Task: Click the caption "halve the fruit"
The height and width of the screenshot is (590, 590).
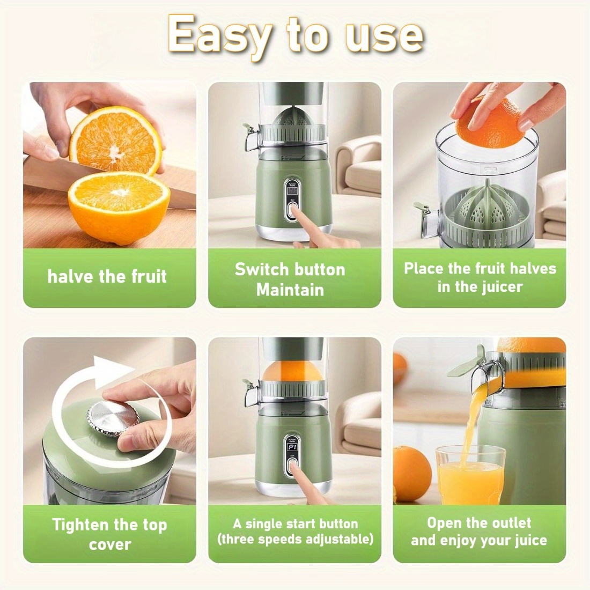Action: pyautogui.click(x=107, y=277)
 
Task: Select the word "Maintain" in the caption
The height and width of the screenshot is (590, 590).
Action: pyautogui.click(x=290, y=290)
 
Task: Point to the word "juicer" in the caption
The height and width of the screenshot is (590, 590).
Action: pyautogui.click(x=498, y=286)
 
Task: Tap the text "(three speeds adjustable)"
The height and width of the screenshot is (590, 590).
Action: pyautogui.click(x=295, y=539)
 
